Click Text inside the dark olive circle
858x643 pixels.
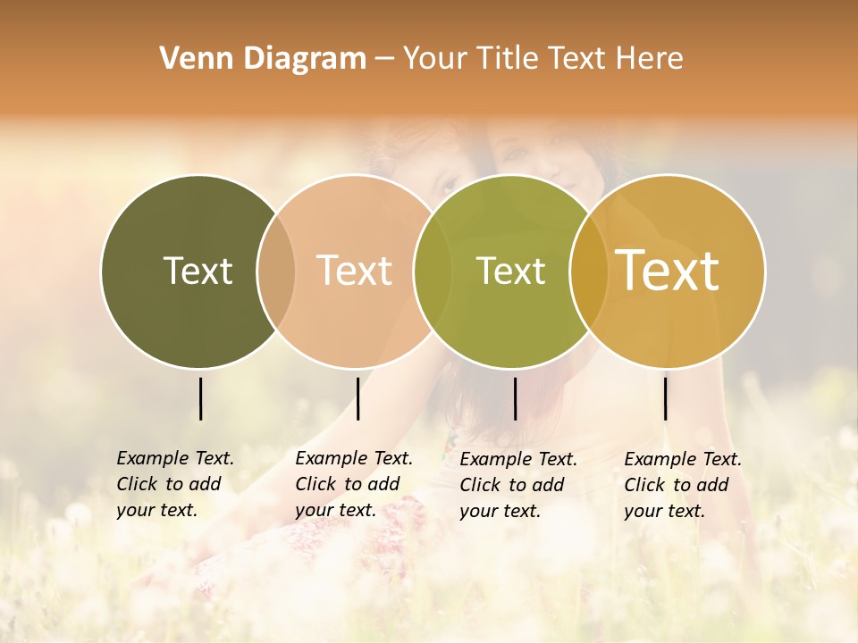198,271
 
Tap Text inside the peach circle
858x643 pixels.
355,271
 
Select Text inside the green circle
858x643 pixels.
510,271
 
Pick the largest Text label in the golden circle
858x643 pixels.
668,271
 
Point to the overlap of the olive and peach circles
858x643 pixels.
276,271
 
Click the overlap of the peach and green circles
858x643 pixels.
433,271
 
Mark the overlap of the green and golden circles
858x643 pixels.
589,271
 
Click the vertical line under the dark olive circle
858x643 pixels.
201,398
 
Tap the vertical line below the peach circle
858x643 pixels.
357,398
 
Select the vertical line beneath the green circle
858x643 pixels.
515,398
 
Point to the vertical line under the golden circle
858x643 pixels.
666,398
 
